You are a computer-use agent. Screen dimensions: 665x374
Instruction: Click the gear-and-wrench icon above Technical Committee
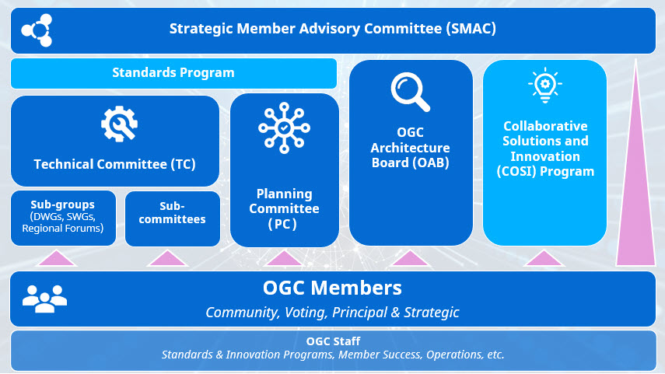click(119, 124)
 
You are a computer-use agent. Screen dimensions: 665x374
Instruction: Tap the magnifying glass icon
click(410, 92)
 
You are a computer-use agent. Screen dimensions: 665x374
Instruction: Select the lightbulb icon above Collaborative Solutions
click(545, 86)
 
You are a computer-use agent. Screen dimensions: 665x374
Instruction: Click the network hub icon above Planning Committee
click(284, 128)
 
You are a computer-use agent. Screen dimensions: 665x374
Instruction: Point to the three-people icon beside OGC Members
click(44, 299)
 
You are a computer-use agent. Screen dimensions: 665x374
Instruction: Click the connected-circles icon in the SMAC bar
click(37, 30)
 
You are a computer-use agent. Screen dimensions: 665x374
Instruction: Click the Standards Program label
click(173, 72)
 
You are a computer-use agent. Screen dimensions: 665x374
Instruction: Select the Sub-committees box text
click(172, 212)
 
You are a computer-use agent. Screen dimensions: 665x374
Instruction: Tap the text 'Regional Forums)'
click(63, 228)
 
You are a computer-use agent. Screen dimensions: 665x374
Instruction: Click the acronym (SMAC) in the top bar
click(471, 29)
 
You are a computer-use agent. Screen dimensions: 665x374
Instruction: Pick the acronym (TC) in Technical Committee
click(184, 164)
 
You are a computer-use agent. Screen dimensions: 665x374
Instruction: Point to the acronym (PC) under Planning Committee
click(282, 224)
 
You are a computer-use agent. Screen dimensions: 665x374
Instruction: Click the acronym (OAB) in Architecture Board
click(430, 163)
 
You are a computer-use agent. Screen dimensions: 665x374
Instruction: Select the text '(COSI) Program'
click(545, 171)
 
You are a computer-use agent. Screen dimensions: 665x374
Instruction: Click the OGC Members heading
click(332, 288)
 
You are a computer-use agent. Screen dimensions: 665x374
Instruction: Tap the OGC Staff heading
click(333, 341)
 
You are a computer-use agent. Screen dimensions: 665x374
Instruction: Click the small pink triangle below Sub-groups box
click(57, 259)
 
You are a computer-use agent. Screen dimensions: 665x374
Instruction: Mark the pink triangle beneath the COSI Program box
click(544, 259)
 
